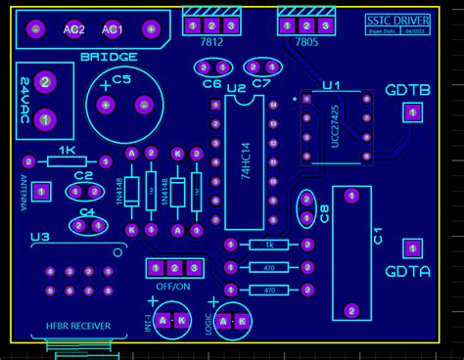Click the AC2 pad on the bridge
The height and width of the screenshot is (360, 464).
(x=73, y=29)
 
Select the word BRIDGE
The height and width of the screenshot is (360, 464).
(x=109, y=57)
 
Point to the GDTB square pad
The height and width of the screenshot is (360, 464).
(x=412, y=113)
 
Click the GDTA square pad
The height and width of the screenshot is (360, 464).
(x=412, y=248)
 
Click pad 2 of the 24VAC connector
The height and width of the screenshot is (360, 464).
(x=44, y=82)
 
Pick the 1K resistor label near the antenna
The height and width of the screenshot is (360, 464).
(x=67, y=150)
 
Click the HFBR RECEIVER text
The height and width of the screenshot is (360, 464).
(x=78, y=326)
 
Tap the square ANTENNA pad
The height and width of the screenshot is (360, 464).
(x=40, y=192)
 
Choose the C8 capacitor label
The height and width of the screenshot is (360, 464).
(x=324, y=212)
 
